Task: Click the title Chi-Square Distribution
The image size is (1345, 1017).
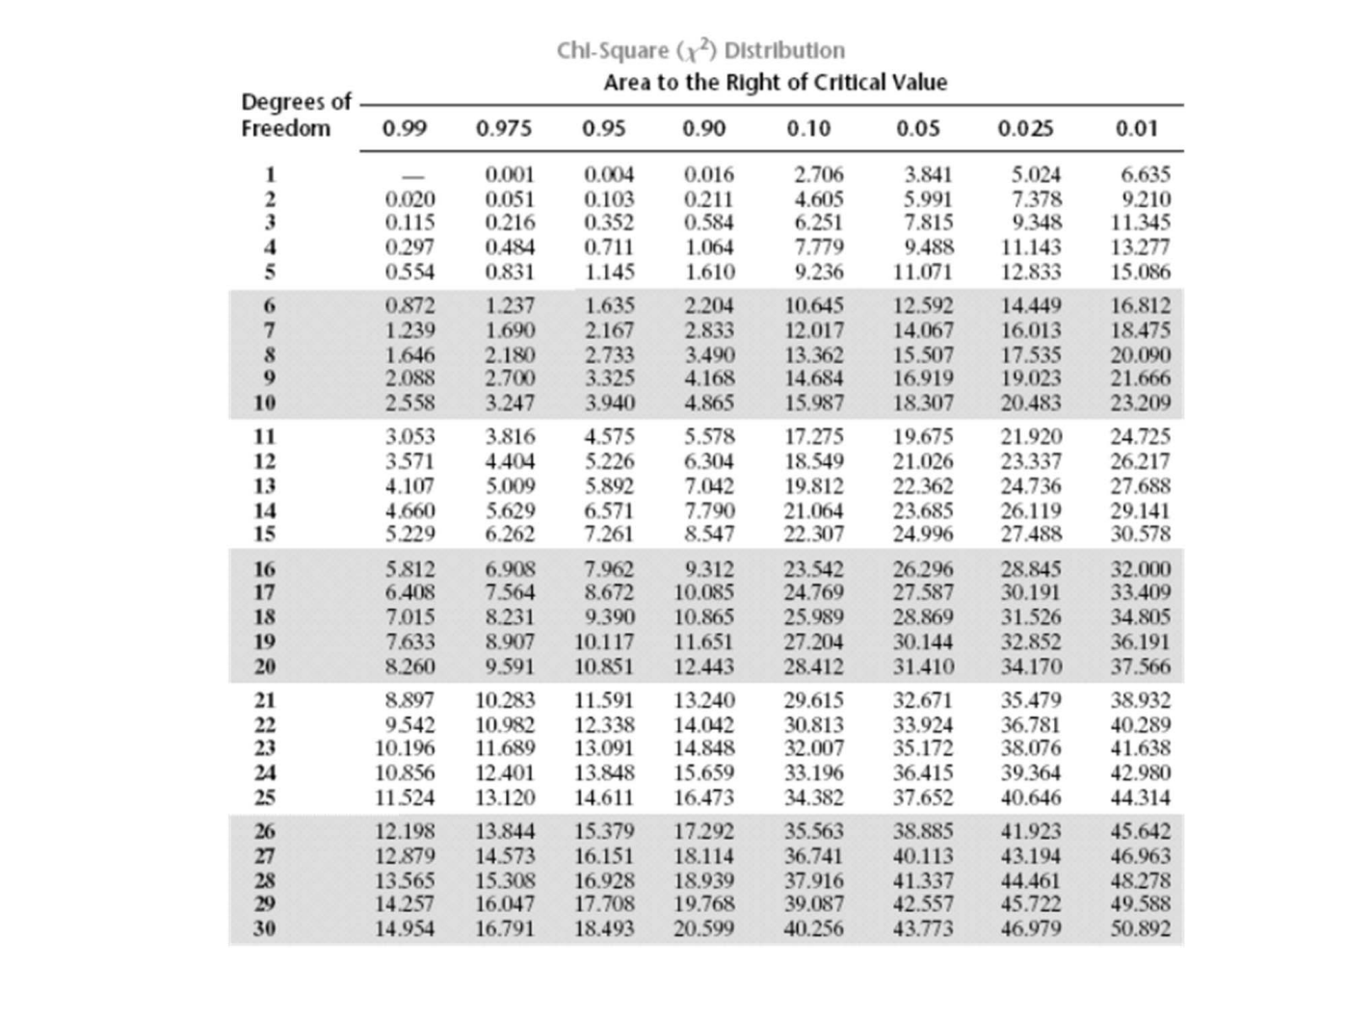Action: click(700, 50)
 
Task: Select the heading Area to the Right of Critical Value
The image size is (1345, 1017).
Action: click(775, 83)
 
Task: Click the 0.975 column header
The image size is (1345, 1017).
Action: click(503, 129)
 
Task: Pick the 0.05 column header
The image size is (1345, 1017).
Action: click(917, 129)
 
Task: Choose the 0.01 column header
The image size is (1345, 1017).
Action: click(1136, 129)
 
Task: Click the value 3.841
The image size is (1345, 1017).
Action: click(928, 175)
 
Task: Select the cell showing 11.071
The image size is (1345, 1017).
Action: click(922, 272)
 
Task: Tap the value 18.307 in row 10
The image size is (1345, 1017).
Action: click(922, 403)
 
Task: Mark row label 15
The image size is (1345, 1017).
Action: click(264, 534)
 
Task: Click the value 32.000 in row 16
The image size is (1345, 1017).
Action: click(1140, 569)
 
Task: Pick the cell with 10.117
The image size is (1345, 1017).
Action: click(604, 641)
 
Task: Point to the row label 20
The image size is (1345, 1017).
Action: click(264, 665)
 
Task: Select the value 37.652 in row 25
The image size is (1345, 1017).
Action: click(922, 797)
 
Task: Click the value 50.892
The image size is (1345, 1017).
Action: click(1140, 929)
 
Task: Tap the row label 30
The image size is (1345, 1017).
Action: click(264, 929)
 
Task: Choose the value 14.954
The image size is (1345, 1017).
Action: click(405, 929)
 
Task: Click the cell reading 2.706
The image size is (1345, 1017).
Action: click(818, 175)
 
